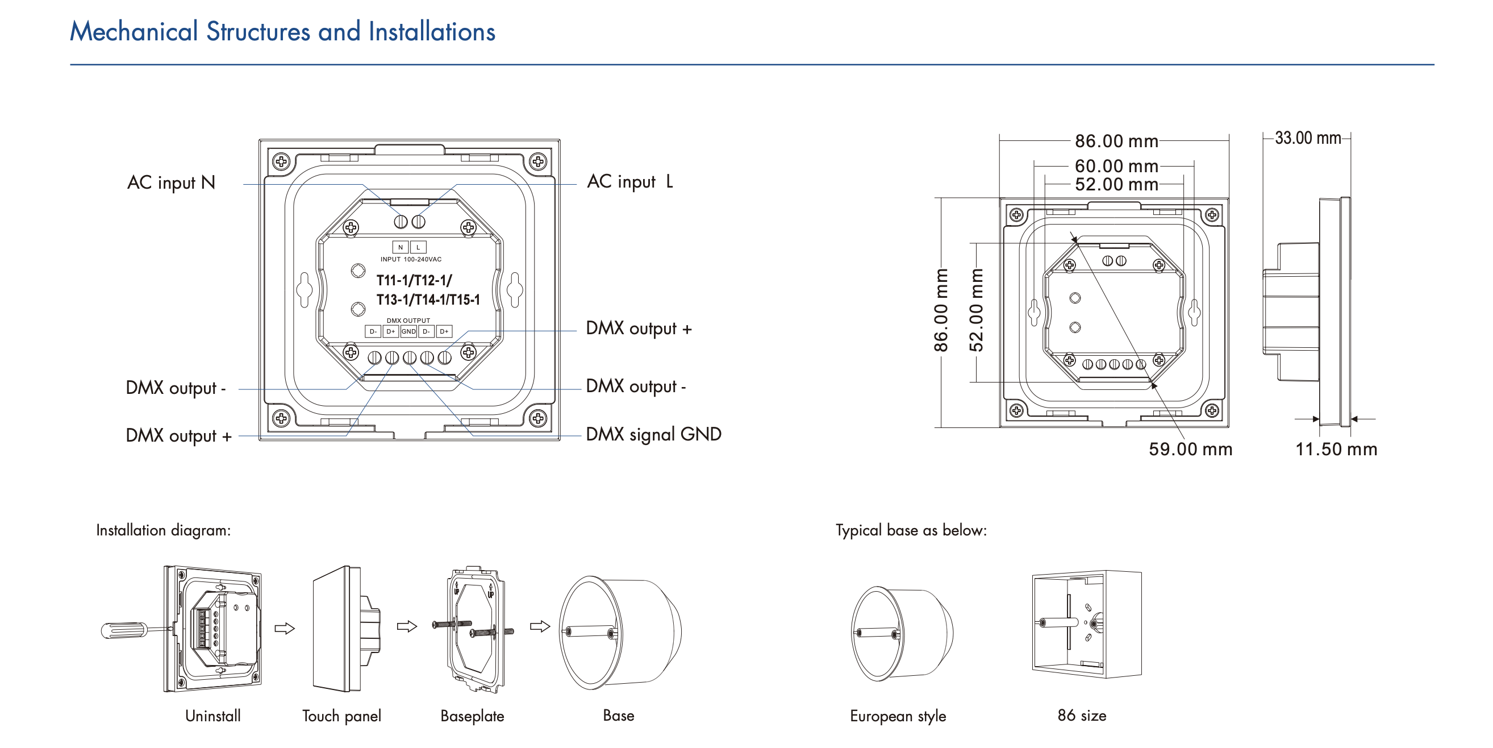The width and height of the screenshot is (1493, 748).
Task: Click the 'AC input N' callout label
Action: pos(171,182)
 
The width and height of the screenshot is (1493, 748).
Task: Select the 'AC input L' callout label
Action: pos(630,181)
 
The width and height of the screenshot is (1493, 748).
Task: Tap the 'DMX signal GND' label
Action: pos(653,434)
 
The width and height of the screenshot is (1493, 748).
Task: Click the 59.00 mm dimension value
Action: pos(1190,449)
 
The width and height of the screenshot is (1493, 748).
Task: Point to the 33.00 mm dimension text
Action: pos(1308,138)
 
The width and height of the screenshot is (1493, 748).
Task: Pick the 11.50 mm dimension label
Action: pos(1336,449)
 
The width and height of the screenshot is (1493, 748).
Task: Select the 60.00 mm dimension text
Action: pos(1116,166)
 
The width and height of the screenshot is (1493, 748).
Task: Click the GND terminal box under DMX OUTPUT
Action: pos(408,332)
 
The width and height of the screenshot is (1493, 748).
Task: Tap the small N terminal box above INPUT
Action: pos(401,247)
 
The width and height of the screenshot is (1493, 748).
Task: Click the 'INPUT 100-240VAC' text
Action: pos(411,259)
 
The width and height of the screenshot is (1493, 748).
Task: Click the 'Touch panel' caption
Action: pos(341,716)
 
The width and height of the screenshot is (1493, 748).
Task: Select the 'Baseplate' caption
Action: pos(472,716)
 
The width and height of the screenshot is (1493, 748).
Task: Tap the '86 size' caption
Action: pos(1082,716)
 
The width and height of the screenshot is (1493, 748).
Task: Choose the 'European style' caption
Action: pos(898,716)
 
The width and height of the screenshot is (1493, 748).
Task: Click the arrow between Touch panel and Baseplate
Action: pos(407,626)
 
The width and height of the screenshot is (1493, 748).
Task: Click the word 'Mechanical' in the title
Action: pos(134,31)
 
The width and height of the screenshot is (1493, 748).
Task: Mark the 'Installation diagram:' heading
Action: pos(163,530)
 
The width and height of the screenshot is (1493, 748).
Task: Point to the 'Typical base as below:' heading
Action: pos(911,530)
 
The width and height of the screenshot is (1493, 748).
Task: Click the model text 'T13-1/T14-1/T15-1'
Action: pos(428,300)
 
